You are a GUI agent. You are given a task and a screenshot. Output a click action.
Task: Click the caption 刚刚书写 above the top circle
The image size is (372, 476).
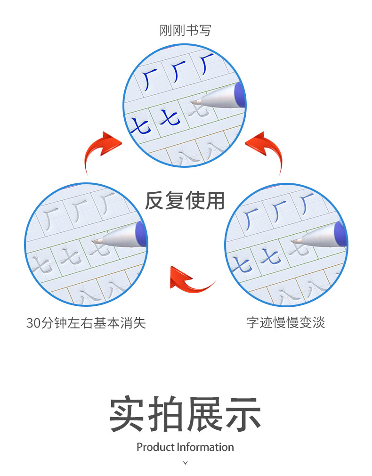[x=186, y=30]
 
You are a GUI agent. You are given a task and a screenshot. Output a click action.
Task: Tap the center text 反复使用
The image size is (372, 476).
[x=185, y=201]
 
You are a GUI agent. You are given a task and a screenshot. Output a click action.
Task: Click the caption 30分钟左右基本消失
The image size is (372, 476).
[x=86, y=323]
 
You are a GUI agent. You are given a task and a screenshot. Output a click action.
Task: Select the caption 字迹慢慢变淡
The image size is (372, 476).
[x=286, y=322]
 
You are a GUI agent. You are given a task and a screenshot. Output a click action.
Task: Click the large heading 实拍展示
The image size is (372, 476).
[x=186, y=414]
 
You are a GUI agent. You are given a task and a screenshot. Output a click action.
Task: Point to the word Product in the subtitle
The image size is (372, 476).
[x=156, y=447]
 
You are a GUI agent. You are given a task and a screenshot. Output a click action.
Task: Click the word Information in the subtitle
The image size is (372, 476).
[x=205, y=447]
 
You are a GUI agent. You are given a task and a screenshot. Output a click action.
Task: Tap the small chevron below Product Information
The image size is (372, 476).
[x=186, y=463]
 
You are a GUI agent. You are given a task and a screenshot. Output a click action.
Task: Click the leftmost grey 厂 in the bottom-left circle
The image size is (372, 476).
[x=51, y=218]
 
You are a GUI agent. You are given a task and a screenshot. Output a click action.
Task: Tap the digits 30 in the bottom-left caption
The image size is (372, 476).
[x=33, y=323]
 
